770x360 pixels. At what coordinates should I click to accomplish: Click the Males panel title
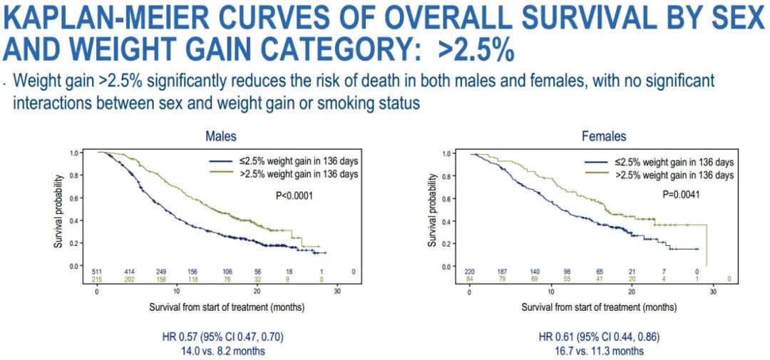coord(221,136)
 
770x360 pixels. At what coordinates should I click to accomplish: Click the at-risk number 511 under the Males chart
coord(98,272)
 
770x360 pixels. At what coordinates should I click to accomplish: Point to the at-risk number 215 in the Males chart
coord(98,280)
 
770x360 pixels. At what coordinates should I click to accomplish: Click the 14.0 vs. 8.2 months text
coord(225,351)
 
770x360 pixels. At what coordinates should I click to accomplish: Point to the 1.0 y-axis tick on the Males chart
coord(74,153)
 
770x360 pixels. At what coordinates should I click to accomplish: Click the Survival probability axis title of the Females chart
coord(431,209)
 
